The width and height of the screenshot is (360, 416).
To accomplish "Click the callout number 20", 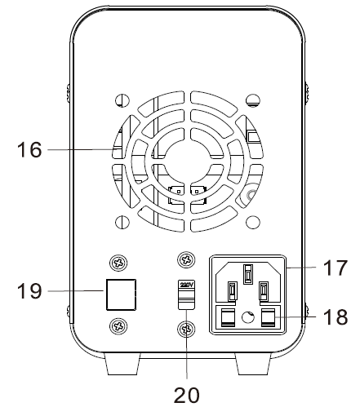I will (186, 396).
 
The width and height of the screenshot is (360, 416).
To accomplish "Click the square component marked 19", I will (118, 294).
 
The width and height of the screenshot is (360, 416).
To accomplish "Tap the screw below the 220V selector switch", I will (186, 329).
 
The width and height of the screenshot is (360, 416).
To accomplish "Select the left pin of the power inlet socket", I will (232, 290).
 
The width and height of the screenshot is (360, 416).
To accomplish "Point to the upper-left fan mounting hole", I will (121, 101).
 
